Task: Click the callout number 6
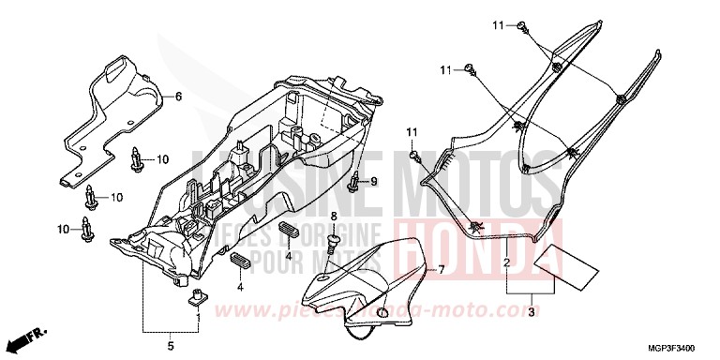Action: pyautogui.click(x=176, y=97)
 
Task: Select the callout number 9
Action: pyautogui.click(x=373, y=181)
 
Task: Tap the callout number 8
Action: pyautogui.click(x=332, y=217)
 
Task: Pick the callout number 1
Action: pyautogui.click(x=198, y=317)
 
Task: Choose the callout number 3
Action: pyautogui.click(x=530, y=310)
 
